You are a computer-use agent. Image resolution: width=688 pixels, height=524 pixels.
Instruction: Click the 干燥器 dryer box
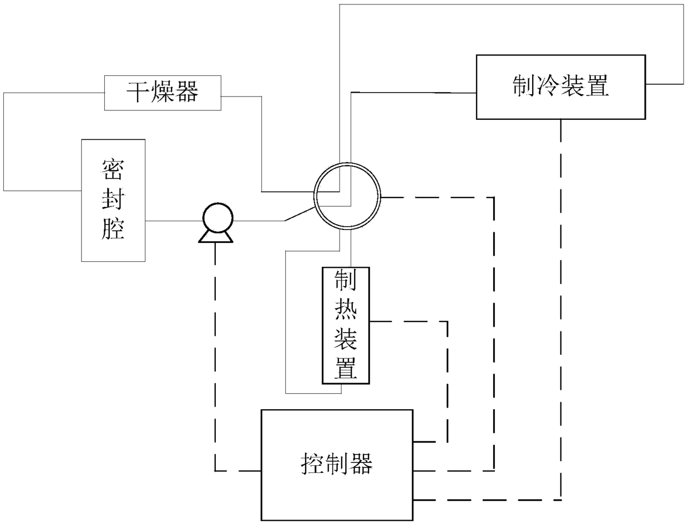click(x=163, y=92)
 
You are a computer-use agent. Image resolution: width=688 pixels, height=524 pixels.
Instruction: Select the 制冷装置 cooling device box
click(x=560, y=87)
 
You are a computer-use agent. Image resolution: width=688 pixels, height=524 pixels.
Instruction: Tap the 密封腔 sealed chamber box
click(x=113, y=200)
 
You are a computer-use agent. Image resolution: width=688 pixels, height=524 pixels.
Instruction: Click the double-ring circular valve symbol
click(x=348, y=196)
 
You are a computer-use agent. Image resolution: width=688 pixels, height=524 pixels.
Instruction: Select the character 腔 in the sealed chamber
click(x=113, y=228)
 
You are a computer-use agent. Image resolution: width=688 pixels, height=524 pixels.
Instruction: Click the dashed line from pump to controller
click(x=215, y=355)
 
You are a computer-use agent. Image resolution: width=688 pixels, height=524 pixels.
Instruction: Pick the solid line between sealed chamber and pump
click(x=173, y=221)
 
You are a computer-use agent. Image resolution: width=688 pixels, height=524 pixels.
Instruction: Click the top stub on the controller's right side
click(x=424, y=442)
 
